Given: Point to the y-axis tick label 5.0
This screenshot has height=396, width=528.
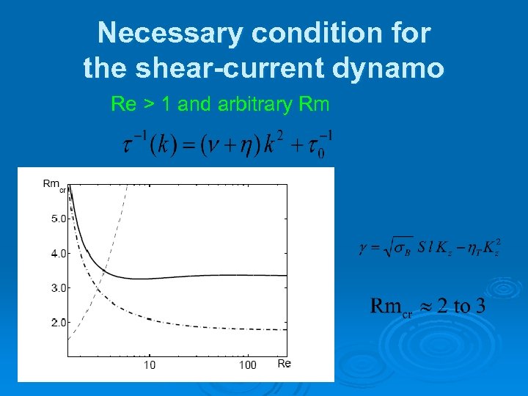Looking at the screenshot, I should (58, 219).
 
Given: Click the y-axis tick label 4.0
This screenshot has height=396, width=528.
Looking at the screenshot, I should (58, 253).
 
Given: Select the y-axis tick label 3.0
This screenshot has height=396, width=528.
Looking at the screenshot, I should (58, 287).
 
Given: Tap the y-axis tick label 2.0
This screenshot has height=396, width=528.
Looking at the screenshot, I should (58, 322).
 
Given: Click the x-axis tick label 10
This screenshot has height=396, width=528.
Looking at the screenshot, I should (149, 365).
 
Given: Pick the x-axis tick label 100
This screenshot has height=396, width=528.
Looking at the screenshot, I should (248, 365).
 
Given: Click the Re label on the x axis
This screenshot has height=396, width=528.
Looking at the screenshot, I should (284, 364).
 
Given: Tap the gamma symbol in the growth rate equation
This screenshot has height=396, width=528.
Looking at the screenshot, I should (362, 249).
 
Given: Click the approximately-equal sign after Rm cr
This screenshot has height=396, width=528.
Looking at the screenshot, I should (422, 306).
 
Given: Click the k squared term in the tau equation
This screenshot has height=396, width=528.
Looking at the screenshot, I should (276, 144).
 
